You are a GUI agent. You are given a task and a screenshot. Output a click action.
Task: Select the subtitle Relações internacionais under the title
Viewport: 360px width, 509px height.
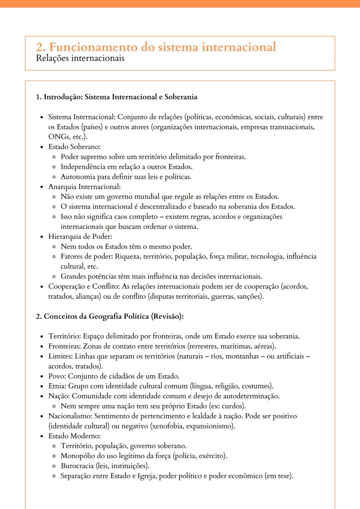80,58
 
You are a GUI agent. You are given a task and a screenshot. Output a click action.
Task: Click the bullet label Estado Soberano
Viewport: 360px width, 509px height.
74,147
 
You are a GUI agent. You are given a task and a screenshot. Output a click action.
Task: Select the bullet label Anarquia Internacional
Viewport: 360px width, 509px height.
84,187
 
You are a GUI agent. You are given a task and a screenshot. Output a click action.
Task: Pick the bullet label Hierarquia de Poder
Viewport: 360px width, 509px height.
80,237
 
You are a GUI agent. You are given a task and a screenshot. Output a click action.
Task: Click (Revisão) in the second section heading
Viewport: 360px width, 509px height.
167,316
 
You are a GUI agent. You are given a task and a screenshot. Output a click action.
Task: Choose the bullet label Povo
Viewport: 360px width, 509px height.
57,376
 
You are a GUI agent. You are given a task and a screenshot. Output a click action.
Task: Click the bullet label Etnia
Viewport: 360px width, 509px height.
57,386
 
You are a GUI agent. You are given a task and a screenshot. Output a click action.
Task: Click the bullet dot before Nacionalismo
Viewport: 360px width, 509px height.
42,416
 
